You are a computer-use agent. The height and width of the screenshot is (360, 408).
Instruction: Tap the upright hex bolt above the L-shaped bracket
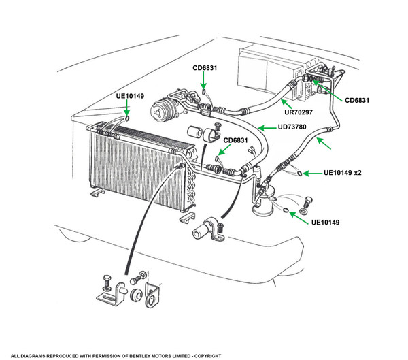[x=108, y=282]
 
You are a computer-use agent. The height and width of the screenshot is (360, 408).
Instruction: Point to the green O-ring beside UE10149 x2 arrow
[x=299, y=174]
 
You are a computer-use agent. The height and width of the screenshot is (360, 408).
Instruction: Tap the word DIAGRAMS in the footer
[x=42, y=355]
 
